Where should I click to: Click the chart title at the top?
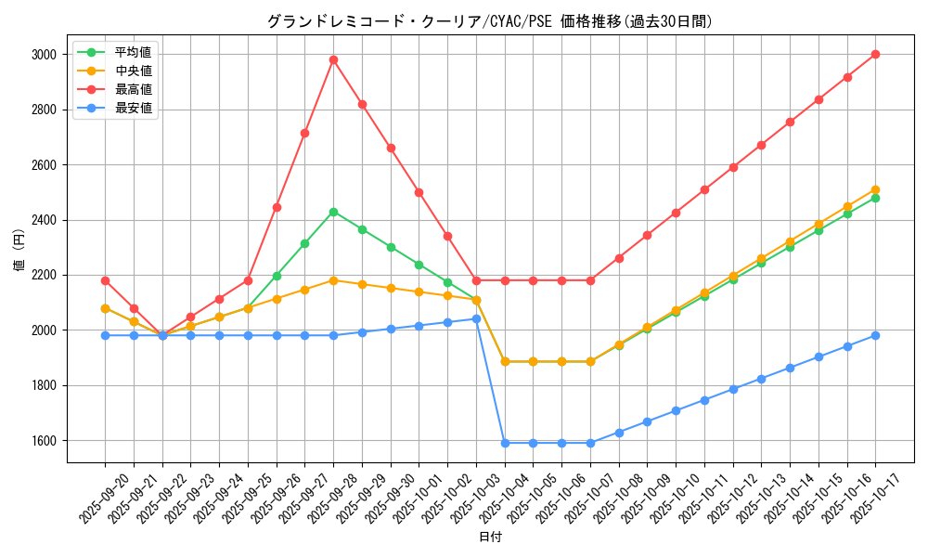(489, 21)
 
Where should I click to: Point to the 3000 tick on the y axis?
(44, 55)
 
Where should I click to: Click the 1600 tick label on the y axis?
(44, 441)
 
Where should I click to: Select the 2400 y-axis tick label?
(44, 220)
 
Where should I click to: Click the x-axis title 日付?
(490, 538)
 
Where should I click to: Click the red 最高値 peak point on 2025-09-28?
(333, 59)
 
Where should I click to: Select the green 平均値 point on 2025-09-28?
(333, 212)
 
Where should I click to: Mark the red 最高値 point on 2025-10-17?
(875, 54)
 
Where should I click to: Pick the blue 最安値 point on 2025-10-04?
(505, 443)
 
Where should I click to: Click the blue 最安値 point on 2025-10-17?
(875, 335)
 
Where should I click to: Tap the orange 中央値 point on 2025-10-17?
(875, 189)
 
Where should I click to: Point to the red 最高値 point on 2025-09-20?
(105, 280)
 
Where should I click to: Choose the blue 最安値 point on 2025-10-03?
(476, 318)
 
